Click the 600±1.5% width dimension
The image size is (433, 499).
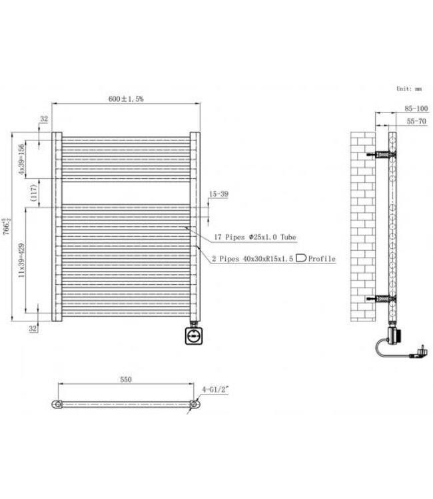pos(127,98)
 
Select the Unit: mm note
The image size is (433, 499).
pos(409,88)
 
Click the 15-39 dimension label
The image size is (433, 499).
pos(219,194)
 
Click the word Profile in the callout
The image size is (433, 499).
pos(322,259)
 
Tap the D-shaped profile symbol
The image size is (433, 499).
pos(301,258)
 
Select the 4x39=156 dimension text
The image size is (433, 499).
pos(21,158)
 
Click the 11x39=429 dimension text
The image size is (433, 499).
pos(21,260)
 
